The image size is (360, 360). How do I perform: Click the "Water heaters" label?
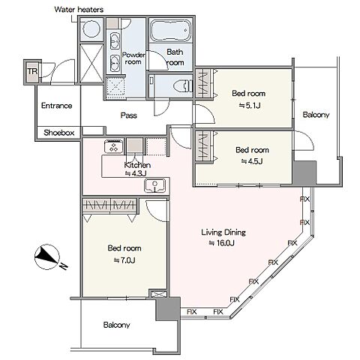79,10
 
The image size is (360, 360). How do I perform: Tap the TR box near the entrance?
32,72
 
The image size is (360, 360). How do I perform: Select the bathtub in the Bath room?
171,30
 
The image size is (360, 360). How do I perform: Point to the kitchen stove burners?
114,146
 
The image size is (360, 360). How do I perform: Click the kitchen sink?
155,186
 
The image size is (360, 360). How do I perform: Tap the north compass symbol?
47,257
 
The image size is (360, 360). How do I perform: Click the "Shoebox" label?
59,133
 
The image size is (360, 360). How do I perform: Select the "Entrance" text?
56,106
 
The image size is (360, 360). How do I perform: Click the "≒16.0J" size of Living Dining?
221,243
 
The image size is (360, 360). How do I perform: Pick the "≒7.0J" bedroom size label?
124,260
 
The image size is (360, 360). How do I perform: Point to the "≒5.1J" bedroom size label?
250,106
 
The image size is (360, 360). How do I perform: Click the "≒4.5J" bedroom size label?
252,161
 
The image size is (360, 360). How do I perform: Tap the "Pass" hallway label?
129,115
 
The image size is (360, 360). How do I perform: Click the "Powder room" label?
133,58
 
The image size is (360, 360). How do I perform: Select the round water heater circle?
91,29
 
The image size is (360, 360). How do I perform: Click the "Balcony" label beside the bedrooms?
316,115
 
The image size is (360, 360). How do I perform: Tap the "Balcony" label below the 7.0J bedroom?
116,325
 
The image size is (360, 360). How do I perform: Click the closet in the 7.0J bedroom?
109,205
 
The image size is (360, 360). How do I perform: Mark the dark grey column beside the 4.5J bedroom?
304,172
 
